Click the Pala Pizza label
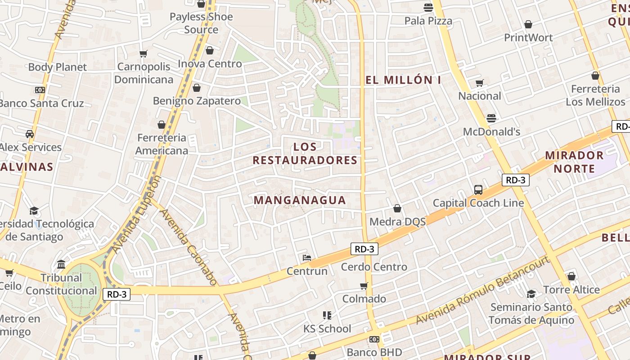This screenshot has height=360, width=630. pyautogui.click(x=428, y=21)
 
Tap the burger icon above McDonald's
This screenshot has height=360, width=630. pyautogui.click(x=491, y=118)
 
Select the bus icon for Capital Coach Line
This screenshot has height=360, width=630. pyautogui.click(x=478, y=190)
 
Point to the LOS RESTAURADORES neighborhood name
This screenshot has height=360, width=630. pyautogui.click(x=305, y=153)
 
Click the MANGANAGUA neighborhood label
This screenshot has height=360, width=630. pyautogui.click(x=300, y=200)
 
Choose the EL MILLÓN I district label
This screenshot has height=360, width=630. pyautogui.click(x=403, y=80)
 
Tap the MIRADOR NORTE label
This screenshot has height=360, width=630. pyautogui.click(x=574, y=162)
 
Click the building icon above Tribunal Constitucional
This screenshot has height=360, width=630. pyautogui.click(x=61, y=264)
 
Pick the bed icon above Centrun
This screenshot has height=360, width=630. pyautogui.click(x=307, y=258)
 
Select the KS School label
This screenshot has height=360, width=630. pyautogui.click(x=327, y=329)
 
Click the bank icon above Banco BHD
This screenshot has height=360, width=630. pyautogui.click(x=374, y=339)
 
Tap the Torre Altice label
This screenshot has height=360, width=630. pyautogui.click(x=571, y=290)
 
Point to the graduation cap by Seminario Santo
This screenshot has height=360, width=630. pyautogui.click(x=531, y=294)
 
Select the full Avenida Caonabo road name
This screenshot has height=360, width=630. pyautogui.click(x=189, y=247)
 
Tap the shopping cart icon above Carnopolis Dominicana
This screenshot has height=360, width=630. pyautogui.click(x=144, y=54)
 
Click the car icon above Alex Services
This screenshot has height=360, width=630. pyautogui.click(x=30, y=134)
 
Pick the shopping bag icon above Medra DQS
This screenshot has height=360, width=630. pyautogui.click(x=397, y=208)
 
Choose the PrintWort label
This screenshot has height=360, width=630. pyautogui.click(x=528, y=37)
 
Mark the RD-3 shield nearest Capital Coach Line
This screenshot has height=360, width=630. pyautogui.click(x=515, y=180)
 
